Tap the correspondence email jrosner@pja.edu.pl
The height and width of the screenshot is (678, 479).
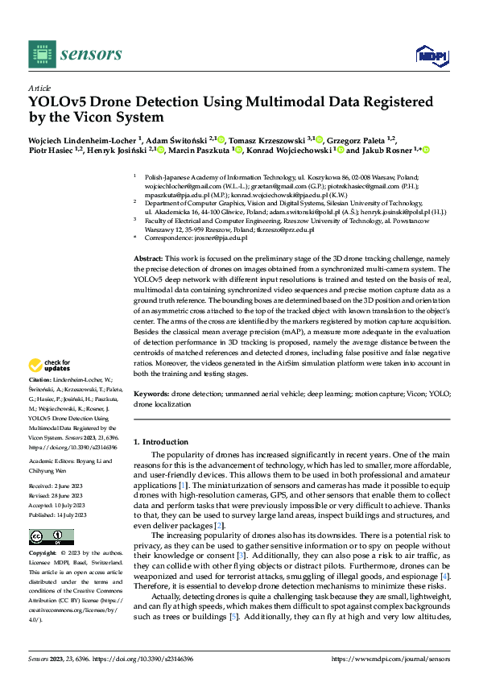[x=219, y=238]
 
